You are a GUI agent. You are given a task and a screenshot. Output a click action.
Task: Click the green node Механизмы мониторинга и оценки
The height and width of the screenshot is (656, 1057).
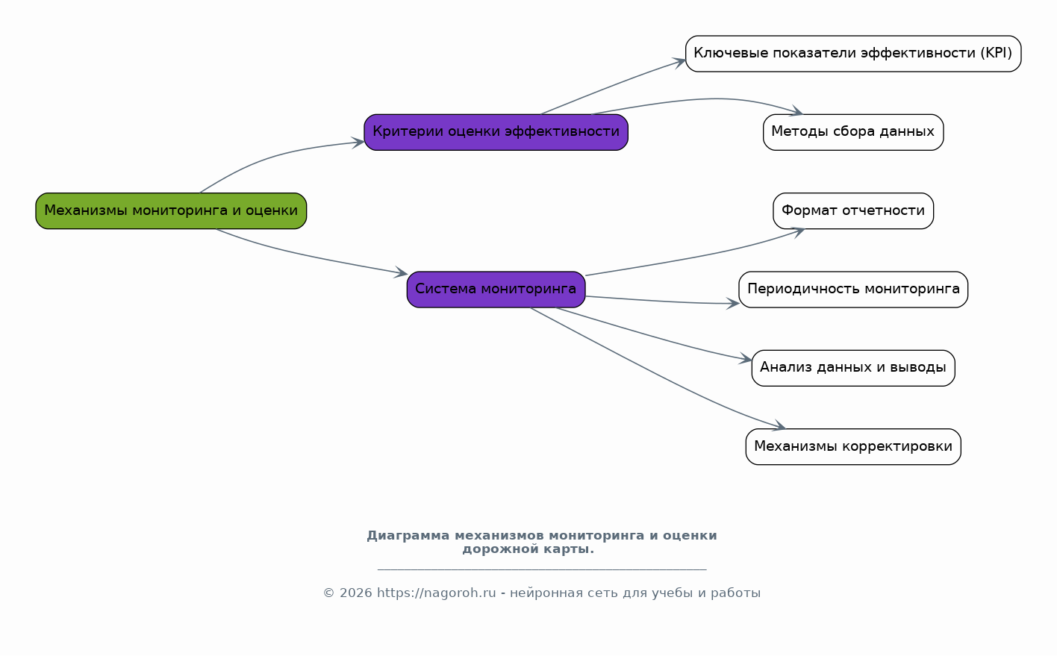pos(171,210)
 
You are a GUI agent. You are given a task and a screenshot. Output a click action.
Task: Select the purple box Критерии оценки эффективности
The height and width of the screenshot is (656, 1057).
pos(496,132)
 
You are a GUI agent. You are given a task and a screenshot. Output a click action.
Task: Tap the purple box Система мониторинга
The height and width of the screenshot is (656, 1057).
pos(496,290)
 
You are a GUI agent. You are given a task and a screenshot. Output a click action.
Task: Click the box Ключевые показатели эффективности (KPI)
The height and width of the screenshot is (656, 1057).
pos(853,54)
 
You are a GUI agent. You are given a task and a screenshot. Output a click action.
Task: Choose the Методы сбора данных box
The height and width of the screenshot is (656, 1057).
pos(853,132)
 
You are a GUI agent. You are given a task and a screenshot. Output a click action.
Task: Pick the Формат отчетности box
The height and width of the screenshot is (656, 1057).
pos(853,210)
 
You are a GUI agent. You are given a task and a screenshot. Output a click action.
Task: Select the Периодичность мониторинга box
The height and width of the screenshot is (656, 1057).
pos(853,290)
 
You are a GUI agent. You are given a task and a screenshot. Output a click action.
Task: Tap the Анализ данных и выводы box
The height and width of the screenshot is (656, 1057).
pos(853,368)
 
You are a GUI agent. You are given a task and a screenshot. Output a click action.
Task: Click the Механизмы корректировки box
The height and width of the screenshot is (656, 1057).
pos(853,446)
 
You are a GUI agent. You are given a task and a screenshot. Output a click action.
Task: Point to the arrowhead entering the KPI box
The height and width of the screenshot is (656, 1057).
pos(679,62)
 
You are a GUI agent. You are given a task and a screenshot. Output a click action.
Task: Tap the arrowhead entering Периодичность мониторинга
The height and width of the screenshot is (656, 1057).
pos(732,303)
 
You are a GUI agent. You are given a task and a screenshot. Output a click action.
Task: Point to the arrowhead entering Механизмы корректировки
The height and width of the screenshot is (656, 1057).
pos(779,426)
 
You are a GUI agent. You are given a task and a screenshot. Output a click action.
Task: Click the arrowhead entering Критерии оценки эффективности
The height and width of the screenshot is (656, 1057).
pos(358,143)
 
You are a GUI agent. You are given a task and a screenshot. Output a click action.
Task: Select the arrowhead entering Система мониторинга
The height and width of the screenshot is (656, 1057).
pos(401,272)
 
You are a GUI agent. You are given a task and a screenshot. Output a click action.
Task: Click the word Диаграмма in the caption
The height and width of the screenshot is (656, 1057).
pos(408,536)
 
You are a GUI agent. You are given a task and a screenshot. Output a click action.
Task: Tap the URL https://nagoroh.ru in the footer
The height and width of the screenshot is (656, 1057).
pos(437,593)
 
